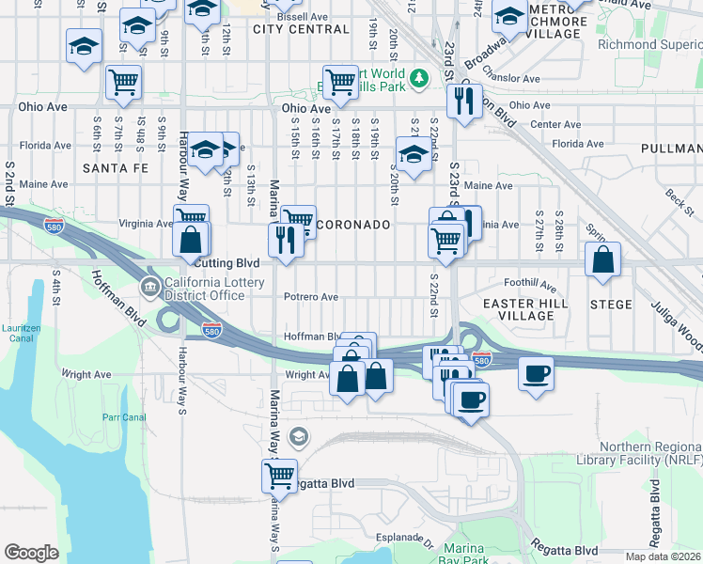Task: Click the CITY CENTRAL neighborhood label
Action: pos(301,29)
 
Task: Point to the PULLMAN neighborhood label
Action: pos(670,149)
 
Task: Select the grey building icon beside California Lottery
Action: pos(149,286)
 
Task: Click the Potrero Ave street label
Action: pos(311,297)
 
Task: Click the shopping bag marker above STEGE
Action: pos(602,258)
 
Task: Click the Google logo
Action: pos(31,553)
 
